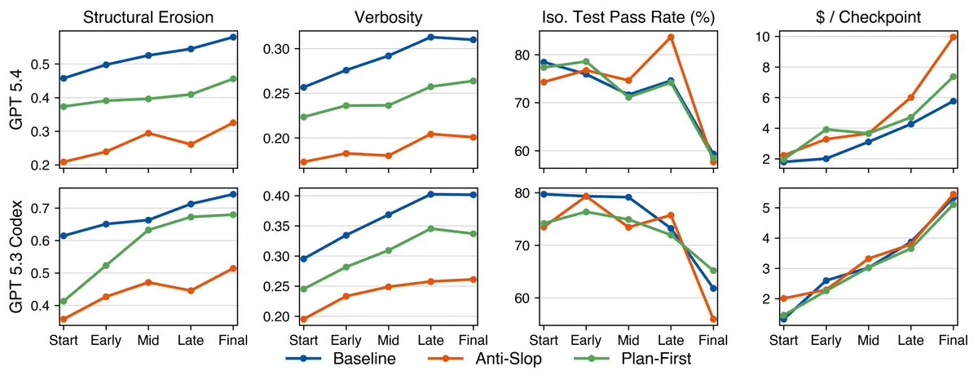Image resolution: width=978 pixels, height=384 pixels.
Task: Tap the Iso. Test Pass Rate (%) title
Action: pos(627,15)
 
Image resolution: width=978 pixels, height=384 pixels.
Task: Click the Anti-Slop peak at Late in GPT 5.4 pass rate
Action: pos(671,37)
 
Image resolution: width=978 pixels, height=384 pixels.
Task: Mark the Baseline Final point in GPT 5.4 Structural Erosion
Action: pos(234,37)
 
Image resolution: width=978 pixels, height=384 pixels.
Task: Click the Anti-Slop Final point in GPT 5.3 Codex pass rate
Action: pos(714,319)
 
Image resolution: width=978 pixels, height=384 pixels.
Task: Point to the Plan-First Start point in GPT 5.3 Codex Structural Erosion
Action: pos(64,301)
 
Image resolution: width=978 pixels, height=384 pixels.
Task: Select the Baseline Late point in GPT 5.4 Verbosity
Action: pos(430,37)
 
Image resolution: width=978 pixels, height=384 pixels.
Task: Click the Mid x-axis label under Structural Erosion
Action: pos(148,339)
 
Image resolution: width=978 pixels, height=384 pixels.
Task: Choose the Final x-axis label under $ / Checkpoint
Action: pos(951,339)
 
